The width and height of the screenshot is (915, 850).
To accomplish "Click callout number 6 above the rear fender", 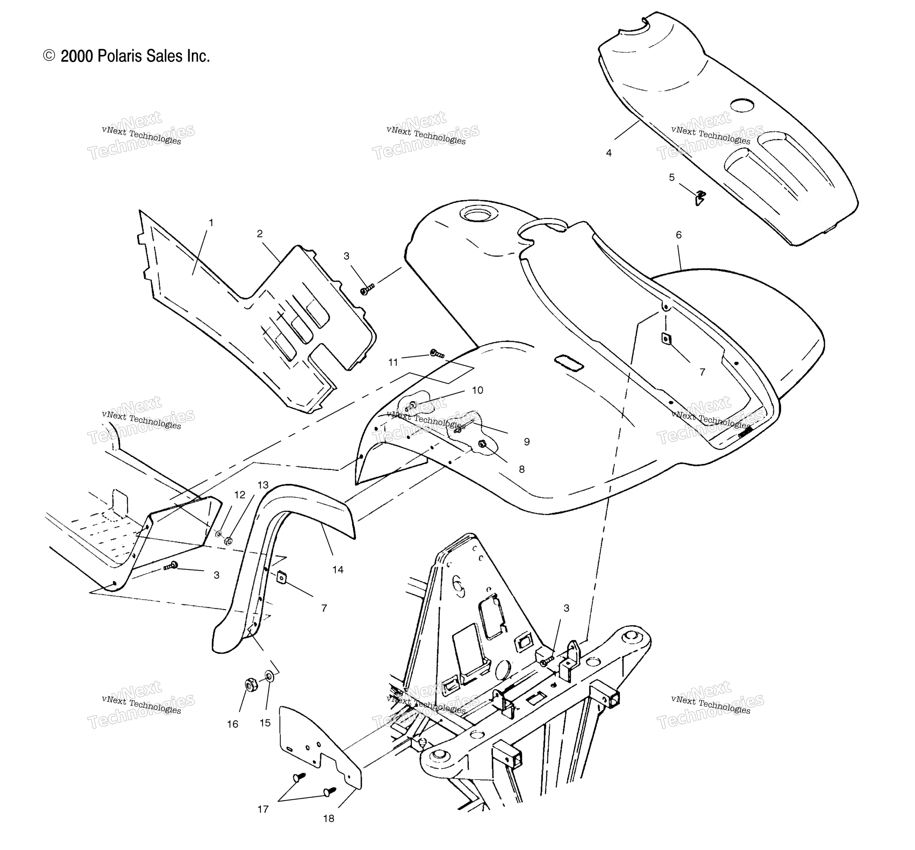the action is click(678, 235).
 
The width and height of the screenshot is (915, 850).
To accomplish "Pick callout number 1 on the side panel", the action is click(211, 223).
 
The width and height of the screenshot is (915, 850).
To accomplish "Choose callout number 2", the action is click(260, 234).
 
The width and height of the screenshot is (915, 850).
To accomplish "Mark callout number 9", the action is click(527, 441).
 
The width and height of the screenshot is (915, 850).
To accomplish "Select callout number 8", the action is click(522, 470).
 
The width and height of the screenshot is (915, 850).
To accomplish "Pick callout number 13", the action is click(263, 485).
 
